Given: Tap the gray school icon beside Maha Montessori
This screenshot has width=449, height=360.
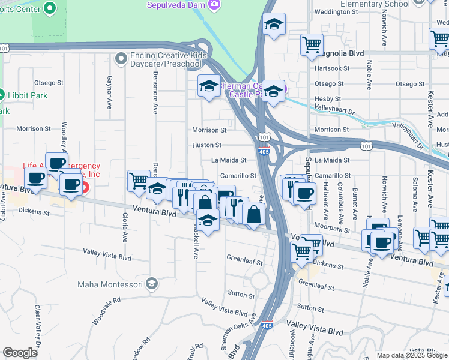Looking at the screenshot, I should coord(152,283).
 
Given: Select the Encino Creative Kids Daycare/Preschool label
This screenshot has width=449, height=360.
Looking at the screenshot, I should coord(166,60).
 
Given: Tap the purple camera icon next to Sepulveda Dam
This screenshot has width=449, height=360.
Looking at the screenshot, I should coord(214,5).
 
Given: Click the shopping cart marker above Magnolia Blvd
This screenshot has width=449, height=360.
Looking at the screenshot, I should coord(312,44).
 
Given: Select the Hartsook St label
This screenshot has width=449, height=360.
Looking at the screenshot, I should coord(331,68).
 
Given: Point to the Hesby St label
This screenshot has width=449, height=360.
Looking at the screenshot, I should coord(328,99).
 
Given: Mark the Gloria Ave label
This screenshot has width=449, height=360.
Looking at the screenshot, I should coord(125,228).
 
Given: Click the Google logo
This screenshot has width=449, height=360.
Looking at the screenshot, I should coord(20,353).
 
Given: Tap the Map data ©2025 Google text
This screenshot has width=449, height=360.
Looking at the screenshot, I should coord(411,355).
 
